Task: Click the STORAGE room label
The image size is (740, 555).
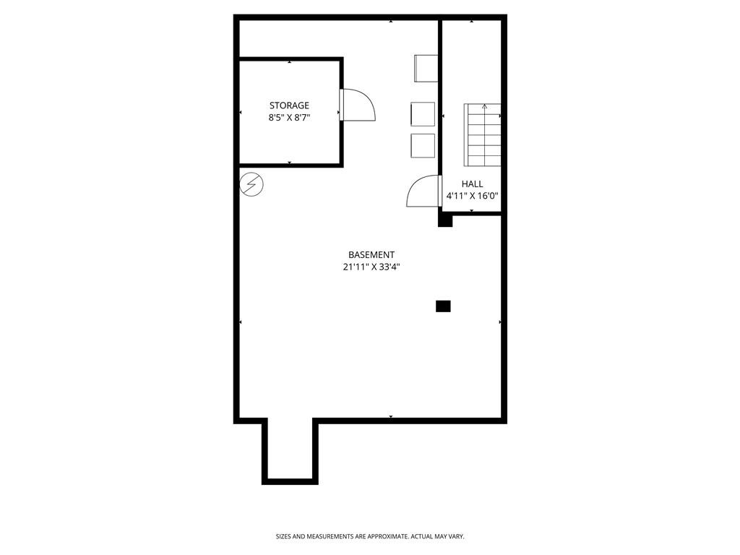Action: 289,106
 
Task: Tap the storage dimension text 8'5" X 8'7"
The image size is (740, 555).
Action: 289,117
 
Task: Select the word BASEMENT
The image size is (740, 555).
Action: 371,254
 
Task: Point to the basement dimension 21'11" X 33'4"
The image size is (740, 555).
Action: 371,267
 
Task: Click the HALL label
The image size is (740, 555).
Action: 473,184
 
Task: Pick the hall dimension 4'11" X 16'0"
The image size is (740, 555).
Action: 473,196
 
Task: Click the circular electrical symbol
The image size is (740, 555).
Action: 251,184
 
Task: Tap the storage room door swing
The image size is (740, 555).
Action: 358,106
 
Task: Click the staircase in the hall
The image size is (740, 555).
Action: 483,135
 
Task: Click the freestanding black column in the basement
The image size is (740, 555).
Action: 443,306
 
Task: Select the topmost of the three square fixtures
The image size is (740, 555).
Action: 426,68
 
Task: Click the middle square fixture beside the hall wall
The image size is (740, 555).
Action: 423,114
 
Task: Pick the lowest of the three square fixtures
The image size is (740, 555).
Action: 423,145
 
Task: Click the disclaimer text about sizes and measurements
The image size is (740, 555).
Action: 370,536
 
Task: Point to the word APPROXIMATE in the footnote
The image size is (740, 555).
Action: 387,536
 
